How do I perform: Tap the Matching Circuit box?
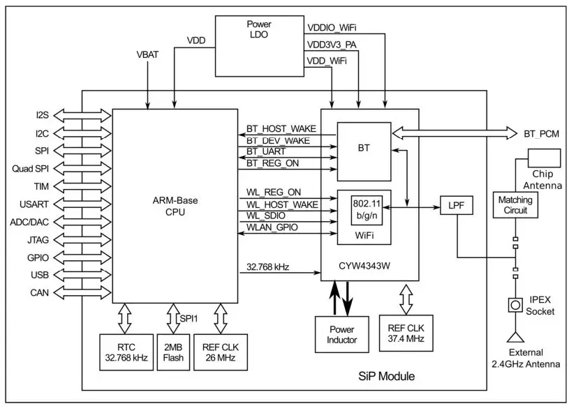(x=515, y=205)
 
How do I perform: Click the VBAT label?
(x=148, y=54)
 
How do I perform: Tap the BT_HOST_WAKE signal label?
(x=281, y=129)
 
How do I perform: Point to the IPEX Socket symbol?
(x=515, y=305)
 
